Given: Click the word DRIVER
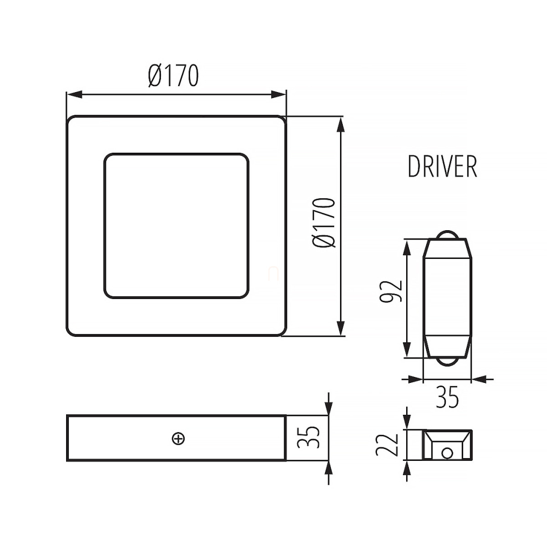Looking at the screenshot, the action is coord(442,166).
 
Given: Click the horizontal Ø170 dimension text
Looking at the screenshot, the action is coord(173,75).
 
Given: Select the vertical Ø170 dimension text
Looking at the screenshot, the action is coord(324,223).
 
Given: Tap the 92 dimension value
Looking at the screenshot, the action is coord(391,291).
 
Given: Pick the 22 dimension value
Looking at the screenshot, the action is coord(387,445).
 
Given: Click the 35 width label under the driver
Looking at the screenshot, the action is coord(447,397).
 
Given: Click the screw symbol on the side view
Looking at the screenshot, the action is coord(179,439).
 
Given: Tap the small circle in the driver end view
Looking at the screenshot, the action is coord(447,453).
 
